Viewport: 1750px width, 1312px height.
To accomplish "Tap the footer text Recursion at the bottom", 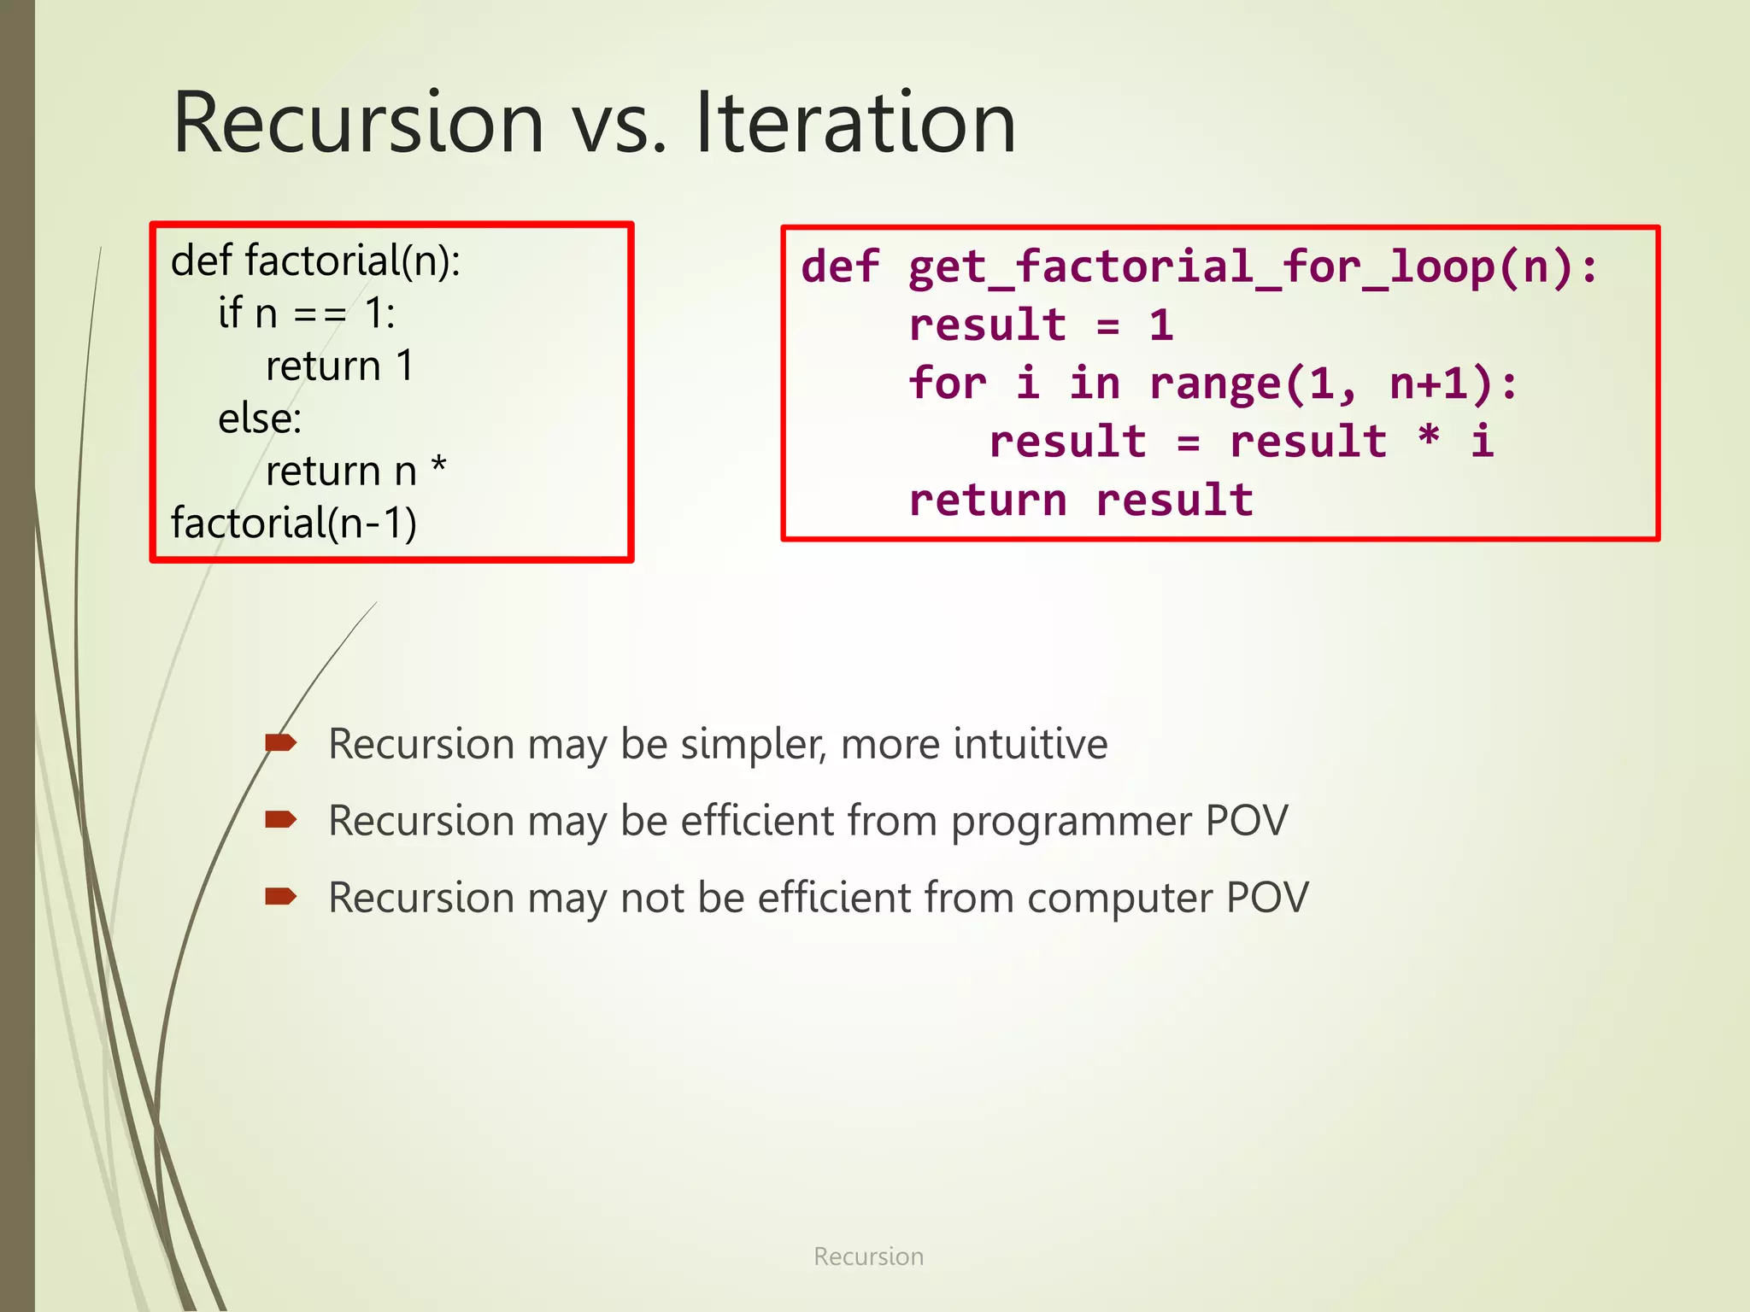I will point(868,1256).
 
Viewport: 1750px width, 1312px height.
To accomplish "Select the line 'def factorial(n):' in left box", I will point(315,261).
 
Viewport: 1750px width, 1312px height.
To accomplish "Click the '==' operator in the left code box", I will point(320,314).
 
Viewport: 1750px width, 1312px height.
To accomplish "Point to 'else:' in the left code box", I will point(260,419).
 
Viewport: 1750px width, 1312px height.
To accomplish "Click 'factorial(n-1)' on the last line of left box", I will point(294,524).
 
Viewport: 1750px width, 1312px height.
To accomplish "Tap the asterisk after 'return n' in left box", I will point(438,467).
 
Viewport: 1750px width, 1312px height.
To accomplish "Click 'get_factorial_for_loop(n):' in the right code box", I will point(1252,266).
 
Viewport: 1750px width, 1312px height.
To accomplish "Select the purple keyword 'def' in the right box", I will point(840,266).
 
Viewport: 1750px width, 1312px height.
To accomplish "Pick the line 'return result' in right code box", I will point(1081,500).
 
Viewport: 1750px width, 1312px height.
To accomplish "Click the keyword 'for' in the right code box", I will point(947,384).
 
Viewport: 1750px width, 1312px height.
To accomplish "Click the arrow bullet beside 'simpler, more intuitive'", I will point(280,743).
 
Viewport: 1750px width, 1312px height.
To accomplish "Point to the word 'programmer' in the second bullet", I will point(1072,821).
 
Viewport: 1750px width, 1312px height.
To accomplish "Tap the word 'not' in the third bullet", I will point(652,898).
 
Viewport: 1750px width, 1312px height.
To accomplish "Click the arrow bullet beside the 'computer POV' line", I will point(280,897).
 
